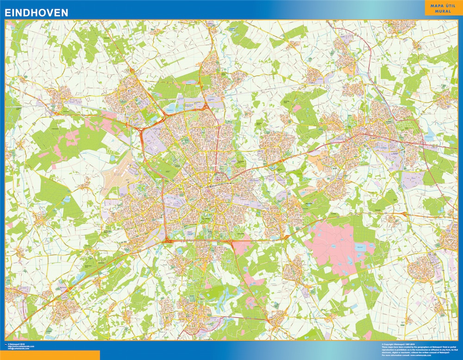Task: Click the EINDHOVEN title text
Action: click(x=36, y=13)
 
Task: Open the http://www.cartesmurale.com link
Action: click(x=21, y=347)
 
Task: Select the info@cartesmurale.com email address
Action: click(x=19, y=349)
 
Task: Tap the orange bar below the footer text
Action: click(x=50, y=355)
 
